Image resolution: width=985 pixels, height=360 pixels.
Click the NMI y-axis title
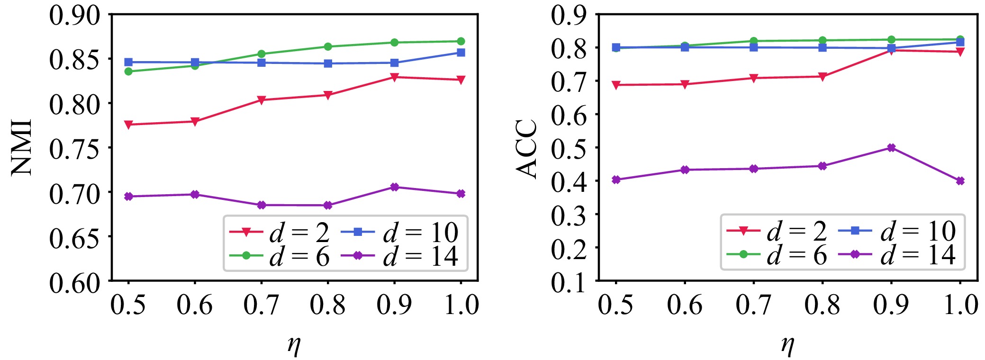coord(22,147)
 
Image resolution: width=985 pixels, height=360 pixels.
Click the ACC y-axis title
coord(527,149)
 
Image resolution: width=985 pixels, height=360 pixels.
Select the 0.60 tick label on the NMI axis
coord(75,282)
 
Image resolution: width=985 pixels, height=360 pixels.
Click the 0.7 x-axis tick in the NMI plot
coord(261,304)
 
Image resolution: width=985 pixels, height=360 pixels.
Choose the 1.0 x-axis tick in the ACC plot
coord(960,304)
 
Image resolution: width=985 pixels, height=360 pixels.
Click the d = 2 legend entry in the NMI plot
coord(280,232)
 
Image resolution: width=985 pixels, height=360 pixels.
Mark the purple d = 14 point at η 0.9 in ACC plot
coord(891,148)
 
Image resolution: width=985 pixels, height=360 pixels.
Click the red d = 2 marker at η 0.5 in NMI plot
coord(128,125)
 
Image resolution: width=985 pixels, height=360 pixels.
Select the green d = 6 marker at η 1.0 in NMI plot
coord(461,41)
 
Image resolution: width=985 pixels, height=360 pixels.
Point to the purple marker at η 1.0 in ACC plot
coord(960,181)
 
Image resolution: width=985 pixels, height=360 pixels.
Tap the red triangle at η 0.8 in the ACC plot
coord(822,76)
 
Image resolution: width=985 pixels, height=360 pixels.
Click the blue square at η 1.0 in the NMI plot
coord(461,53)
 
